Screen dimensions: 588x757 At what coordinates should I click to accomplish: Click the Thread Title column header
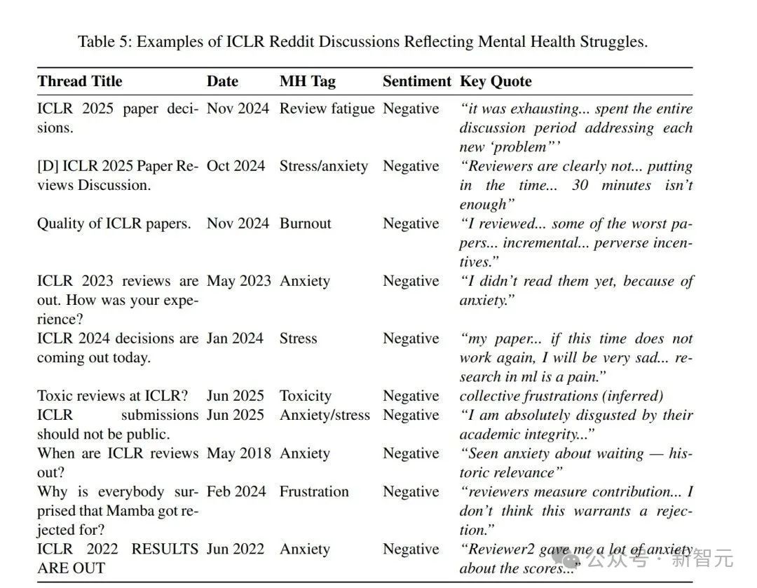tap(79, 81)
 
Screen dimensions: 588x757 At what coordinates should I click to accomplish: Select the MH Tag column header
tap(307, 81)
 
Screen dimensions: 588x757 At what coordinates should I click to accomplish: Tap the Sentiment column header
tap(416, 81)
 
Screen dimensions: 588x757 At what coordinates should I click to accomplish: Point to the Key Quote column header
tap(496, 81)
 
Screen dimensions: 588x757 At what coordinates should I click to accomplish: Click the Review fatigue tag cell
tap(327, 109)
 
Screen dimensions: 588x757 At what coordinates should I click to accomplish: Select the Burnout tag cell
tap(305, 224)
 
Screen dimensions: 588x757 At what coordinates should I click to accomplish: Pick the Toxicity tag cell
tap(305, 396)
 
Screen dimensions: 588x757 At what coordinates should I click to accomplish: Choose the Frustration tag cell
tap(313, 492)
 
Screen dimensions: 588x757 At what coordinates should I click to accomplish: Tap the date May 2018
tap(238, 453)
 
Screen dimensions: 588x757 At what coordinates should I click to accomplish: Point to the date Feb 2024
tap(236, 492)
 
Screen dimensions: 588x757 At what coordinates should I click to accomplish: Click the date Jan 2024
tap(237, 339)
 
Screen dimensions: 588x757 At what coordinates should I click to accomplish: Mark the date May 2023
tap(238, 281)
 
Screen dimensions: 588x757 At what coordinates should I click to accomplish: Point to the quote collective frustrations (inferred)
tap(561, 396)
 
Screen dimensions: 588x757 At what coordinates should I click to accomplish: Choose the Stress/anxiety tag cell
tap(323, 166)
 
